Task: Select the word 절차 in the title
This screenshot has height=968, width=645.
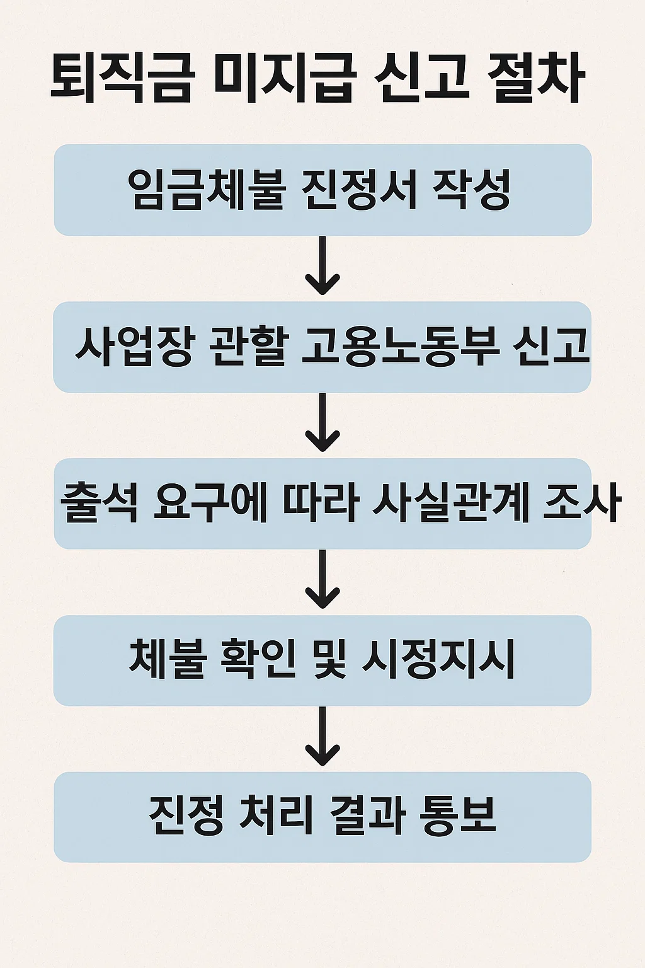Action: pyautogui.click(x=536, y=79)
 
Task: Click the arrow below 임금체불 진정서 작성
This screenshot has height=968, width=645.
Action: pyautogui.click(x=322, y=266)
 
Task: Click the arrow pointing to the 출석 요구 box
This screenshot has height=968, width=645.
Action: pyautogui.click(x=322, y=423)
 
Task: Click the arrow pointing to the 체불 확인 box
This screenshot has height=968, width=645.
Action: pyautogui.click(x=322, y=579)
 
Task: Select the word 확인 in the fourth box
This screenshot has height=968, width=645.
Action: pyautogui.click(x=258, y=659)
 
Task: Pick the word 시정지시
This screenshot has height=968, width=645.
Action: pyautogui.click(x=439, y=659)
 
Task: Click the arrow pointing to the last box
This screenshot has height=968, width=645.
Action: pyautogui.click(x=322, y=736)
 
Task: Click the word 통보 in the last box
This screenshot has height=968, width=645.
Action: pyautogui.click(x=459, y=815)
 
